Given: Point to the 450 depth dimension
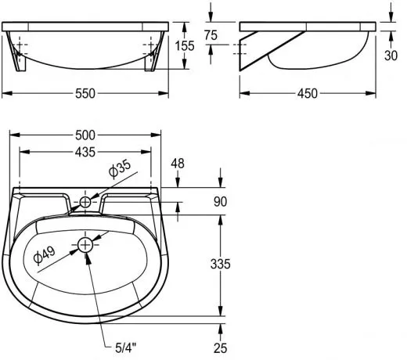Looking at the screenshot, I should click(308, 94).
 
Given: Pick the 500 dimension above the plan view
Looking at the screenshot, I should click(85, 135).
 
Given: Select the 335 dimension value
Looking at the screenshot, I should click(220, 265).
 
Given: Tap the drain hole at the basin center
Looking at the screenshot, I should click(85, 246).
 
